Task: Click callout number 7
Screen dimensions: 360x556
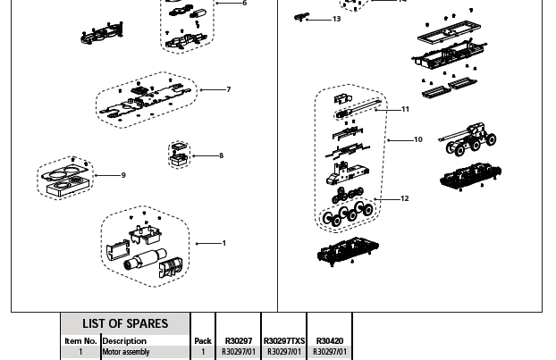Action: click(229, 89)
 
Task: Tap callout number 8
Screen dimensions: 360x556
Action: click(221, 155)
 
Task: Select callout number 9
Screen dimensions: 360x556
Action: click(123, 175)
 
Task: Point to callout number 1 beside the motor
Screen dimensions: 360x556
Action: click(223, 243)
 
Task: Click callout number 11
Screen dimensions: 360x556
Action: click(405, 109)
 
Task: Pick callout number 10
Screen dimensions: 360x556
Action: click(417, 139)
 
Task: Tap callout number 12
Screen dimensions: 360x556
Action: click(405, 198)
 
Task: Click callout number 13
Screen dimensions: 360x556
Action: click(336, 19)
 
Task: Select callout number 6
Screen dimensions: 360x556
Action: click(244, 4)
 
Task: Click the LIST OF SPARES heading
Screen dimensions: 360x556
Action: click(125, 323)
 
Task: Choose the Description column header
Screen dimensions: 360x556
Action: click(124, 340)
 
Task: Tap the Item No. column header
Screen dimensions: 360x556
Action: click(80, 340)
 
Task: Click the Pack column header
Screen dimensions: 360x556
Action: click(203, 340)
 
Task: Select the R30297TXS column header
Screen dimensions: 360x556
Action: click(284, 340)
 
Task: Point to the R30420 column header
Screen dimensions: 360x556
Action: click(329, 340)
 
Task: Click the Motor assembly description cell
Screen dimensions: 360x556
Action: click(126, 352)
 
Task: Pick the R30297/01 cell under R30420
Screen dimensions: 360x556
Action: click(329, 352)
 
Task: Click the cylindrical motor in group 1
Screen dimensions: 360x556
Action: click(144, 262)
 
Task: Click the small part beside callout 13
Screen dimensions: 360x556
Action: click(302, 16)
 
